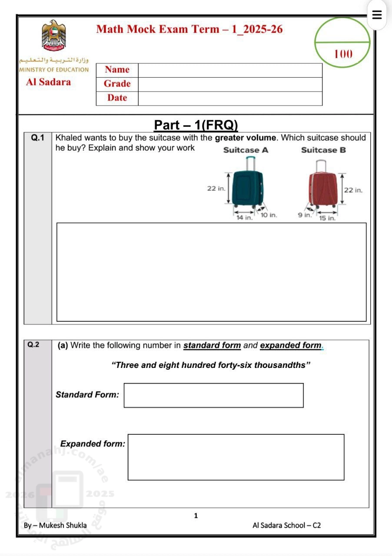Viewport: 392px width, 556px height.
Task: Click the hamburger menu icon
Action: (377, 15)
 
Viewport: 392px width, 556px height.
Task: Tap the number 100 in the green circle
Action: (343, 54)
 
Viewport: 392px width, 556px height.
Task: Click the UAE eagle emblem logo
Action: (53, 34)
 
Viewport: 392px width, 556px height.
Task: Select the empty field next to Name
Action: (230, 70)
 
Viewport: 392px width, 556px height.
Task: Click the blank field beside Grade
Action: (230, 84)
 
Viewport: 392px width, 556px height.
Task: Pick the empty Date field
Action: (230, 98)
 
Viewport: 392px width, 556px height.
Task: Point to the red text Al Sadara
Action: (48, 82)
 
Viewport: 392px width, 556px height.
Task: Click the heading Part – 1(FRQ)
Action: (196, 125)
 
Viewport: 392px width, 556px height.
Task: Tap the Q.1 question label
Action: (38, 138)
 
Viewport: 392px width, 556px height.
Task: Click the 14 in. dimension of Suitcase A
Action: (244, 218)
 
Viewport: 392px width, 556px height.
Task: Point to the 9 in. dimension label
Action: (305, 215)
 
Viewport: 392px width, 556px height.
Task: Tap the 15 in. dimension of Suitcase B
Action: (327, 218)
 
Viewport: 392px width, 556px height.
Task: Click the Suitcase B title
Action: (323, 150)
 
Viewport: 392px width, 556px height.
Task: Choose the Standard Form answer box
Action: (213, 395)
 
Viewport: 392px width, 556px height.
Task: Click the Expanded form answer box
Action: (236, 457)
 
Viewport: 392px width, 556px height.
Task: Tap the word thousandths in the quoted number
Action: (280, 365)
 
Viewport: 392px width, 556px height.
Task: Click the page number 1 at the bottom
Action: (196, 516)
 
